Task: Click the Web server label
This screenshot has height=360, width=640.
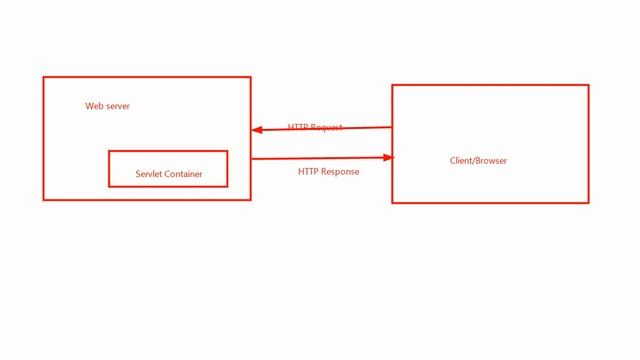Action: coord(107,106)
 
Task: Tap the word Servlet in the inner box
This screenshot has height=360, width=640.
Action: coord(149,174)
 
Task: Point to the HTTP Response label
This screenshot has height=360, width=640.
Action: coord(328,171)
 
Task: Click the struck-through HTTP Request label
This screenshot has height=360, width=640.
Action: coord(315,127)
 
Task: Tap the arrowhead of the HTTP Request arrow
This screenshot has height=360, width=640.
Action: coord(256,129)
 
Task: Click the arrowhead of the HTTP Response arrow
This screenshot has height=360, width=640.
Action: coord(389,157)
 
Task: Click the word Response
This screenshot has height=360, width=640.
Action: coord(340,171)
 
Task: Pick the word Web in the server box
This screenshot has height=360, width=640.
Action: coord(93,106)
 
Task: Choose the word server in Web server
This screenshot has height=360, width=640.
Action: coord(117,106)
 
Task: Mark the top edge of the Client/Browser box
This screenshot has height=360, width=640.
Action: coord(490,85)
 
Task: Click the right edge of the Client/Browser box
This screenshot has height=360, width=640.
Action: coord(588,144)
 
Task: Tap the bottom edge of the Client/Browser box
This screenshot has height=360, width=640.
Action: coord(490,202)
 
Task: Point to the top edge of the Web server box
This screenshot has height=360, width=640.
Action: coord(146,77)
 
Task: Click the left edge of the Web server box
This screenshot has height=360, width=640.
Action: coord(43,138)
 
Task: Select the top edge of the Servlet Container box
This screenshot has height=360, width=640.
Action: coord(168,151)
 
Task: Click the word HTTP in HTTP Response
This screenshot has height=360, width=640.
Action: coord(308,171)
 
